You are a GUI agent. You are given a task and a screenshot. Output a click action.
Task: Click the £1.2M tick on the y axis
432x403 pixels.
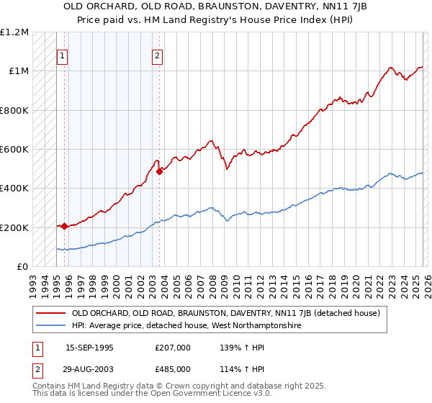click(14, 32)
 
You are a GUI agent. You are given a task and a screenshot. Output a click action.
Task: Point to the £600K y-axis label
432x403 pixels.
click(14, 150)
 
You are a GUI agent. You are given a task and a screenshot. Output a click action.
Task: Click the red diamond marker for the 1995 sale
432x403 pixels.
click(65, 226)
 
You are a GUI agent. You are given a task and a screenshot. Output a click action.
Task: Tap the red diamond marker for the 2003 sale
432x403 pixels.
click(159, 171)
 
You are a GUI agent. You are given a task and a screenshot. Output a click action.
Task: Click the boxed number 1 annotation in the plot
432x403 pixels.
click(63, 56)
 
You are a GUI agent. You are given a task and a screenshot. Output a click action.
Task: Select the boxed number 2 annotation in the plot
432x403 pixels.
click(157, 56)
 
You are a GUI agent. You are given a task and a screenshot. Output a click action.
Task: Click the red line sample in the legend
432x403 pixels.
click(50, 313)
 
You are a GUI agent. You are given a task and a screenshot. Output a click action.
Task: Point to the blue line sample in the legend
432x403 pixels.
click(50, 325)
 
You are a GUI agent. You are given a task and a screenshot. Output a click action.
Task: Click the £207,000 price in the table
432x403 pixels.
click(174, 348)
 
